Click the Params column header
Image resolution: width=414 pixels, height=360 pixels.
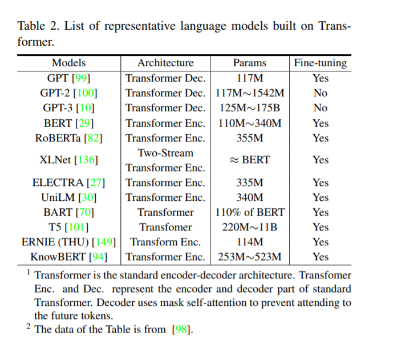pyautogui.click(x=249, y=63)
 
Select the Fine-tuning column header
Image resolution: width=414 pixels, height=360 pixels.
pyautogui.click(x=320, y=63)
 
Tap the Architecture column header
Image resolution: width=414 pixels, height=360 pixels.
pyautogui.click(x=165, y=63)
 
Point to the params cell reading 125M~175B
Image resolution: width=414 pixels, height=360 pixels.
pyautogui.click(x=250, y=108)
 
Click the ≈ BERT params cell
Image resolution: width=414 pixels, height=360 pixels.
pyautogui.click(x=250, y=160)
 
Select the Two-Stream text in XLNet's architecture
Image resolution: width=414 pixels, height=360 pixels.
pyautogui.click(x=165, y=153)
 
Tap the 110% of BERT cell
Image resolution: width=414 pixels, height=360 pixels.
pyautogui.click(x=250, y=212)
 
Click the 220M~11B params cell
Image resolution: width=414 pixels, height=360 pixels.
pyautogui.click(x=250, y=227)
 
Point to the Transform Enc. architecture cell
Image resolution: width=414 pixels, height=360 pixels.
pyautogui.click(x=165, y=242)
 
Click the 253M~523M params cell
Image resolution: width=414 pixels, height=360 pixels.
pyautogui.click(x=250, y=257)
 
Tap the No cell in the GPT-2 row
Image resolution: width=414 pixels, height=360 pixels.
pyautogui.click(x=320, y=93)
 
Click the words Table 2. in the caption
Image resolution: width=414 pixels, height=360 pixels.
pyautogui.click(x=38, y=26)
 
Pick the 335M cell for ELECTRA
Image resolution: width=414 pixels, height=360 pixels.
pyautogui.click(x=250, y=183)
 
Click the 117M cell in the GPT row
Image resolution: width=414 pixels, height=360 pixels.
pyautogui.click(x=250, y=78)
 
